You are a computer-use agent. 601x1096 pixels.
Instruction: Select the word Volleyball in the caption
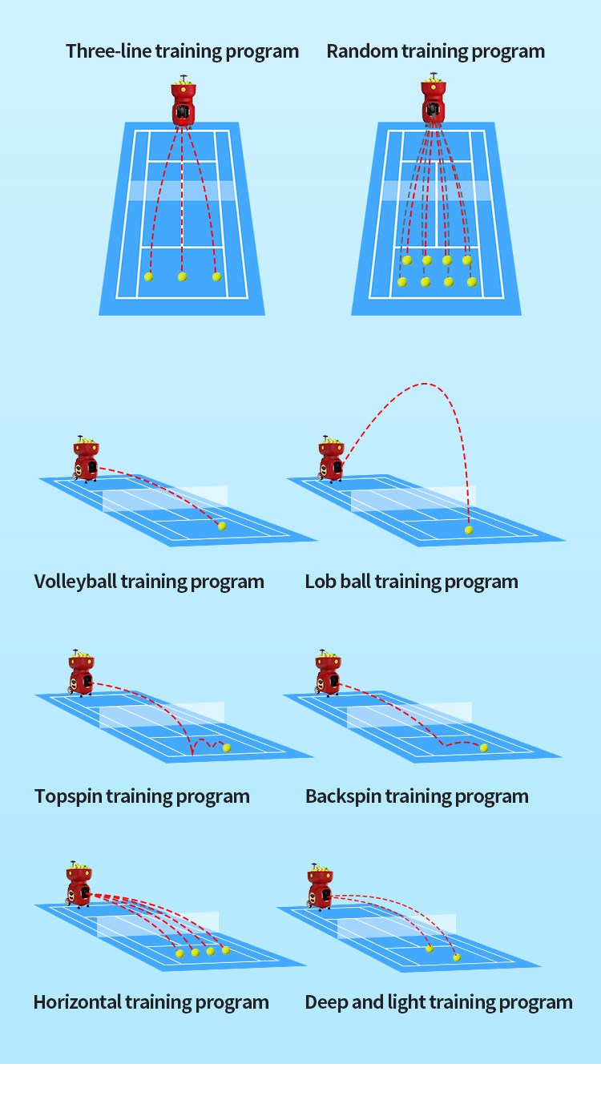(75, 582)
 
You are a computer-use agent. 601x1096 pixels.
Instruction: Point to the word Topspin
(68, 797)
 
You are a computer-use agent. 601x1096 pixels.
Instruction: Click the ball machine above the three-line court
(184, 103)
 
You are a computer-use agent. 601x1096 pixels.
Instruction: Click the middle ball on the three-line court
(182, 276)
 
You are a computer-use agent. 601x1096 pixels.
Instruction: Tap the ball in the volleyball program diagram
(222, 526)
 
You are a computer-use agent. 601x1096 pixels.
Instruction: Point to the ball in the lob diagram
(469, 530)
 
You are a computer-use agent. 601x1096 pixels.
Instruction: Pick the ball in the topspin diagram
(227, 747)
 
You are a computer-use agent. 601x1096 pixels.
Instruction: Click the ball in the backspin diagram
(484, 747)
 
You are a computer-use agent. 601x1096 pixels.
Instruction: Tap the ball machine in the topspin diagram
(81, 673)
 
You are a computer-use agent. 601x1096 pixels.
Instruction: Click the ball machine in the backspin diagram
(328, 673)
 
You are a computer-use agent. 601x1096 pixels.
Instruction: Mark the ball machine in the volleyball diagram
(85, 459)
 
